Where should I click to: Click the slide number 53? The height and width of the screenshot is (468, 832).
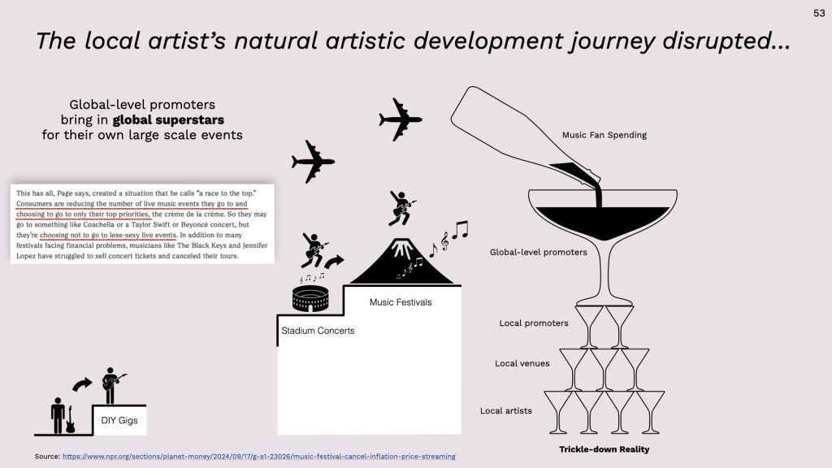coord(819,13)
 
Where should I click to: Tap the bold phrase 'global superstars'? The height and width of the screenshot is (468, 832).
coord(168,120)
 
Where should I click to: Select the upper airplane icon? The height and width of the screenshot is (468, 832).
coord(401,119)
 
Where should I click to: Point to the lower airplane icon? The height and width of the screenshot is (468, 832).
coord(313,162)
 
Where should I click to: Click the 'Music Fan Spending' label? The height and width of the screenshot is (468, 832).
coord(604,135)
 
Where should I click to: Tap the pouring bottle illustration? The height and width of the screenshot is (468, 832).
coord(525,138)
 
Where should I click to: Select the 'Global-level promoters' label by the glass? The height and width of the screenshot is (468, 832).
coord(538,252)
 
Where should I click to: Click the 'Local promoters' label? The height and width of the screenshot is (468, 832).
coord(533,323)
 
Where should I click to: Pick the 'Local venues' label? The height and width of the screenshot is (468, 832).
coord(522,363)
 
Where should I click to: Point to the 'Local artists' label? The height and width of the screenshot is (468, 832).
coord(505,410)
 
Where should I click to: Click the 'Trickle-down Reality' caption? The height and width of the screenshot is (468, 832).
coord(604,449)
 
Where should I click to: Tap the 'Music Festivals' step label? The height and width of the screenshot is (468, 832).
coord(401,302)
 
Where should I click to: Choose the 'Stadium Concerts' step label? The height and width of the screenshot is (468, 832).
coord(318,331)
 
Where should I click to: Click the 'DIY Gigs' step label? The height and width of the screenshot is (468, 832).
coord(119,420)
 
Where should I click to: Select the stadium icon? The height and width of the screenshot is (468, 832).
coord(310,299)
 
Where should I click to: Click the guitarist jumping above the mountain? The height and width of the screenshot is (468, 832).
coord(401,208)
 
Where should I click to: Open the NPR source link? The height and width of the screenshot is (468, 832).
coord(259,457)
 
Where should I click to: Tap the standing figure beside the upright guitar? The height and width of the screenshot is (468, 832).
coord(58,415)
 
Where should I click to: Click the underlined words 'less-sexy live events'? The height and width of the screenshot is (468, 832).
coord(143,235)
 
